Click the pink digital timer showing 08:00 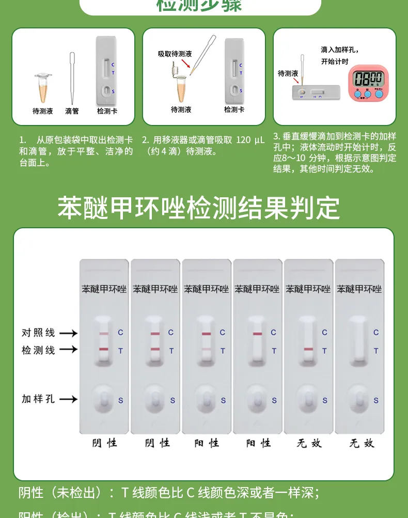[368, 82]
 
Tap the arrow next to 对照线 [68, 334]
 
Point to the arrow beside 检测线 [68, 350]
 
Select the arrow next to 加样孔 [68, 399]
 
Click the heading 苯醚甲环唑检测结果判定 [199, 208]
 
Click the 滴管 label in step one [72, 111]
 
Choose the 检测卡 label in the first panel [107, 111]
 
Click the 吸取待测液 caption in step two [175, 54]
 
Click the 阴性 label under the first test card [104, 443]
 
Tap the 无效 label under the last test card [360, 443]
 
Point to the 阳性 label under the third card [207, 443]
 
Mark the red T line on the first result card [104, 350]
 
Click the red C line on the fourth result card [257, 334]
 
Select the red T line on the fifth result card [308, 350]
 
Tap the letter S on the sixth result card [376, 400]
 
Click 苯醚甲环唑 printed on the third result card [207, 289]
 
